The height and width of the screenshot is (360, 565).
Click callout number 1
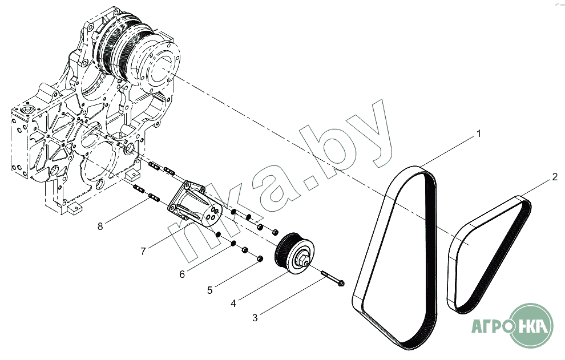(x=478, y=134)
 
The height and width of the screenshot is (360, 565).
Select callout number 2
(x=555, y=177)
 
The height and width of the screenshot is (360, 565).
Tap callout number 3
(x=255, y=318)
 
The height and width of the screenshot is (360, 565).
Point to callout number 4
(x=233, y=304)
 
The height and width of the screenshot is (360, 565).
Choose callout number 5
(x=210, y=290)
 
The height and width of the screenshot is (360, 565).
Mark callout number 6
(x=182, y=274)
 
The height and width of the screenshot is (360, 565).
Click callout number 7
(x=143, y=251)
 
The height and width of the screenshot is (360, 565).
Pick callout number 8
(x=100, y=226)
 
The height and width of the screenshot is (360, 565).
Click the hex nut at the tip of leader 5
(x=260, y=258)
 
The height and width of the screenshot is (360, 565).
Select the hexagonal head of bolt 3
(x=341, y=283)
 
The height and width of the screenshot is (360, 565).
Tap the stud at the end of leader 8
(x=154, y=197)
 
